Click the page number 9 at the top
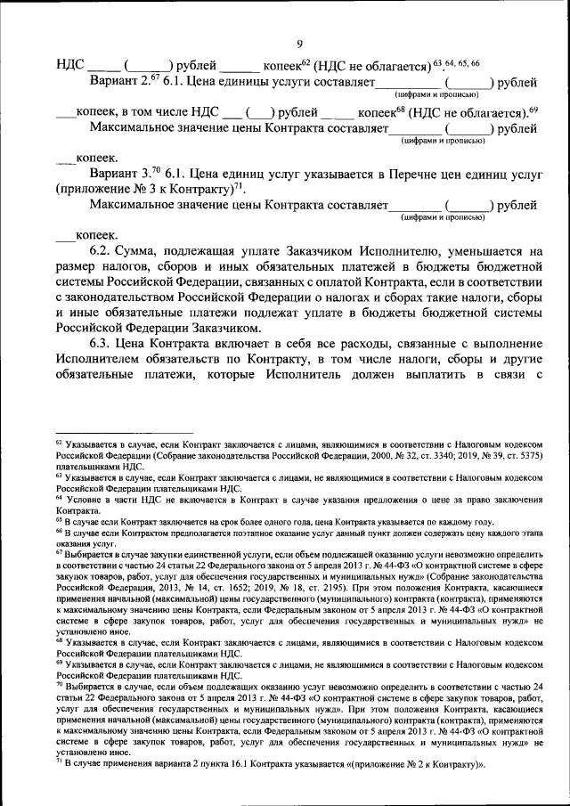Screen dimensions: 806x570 299,45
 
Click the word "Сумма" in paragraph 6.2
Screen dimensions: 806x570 142,252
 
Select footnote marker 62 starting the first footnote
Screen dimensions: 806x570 59,441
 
